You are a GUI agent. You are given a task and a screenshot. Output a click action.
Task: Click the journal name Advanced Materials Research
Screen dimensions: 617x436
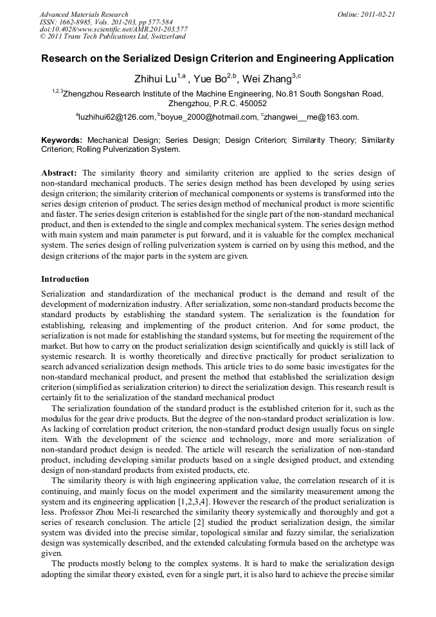(84, 14)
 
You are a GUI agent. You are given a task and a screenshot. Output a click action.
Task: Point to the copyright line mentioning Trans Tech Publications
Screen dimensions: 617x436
(113, 37)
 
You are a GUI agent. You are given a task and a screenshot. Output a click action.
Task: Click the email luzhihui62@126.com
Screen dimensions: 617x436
(117, 117)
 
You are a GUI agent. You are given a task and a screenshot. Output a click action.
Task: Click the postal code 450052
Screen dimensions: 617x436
(251, 103)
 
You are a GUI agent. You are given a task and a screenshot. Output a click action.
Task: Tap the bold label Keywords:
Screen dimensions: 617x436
(62, 140)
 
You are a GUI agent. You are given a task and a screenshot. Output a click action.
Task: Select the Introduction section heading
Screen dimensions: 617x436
(65, 279)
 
